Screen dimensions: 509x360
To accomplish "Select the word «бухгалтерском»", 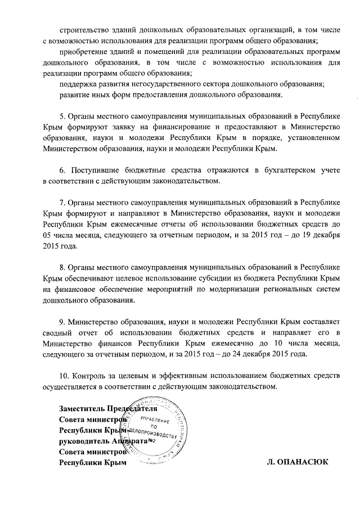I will pyautogui.click(x=272, y=170).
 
